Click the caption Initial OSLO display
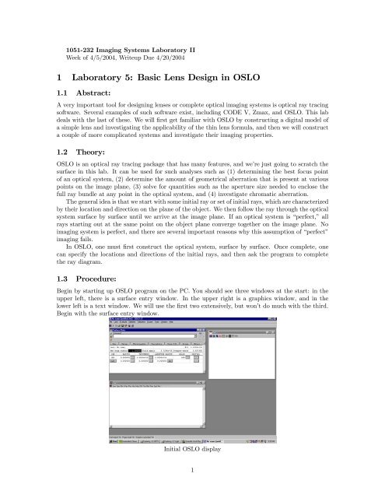click(192, 451)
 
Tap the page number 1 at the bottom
click(192, 470)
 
